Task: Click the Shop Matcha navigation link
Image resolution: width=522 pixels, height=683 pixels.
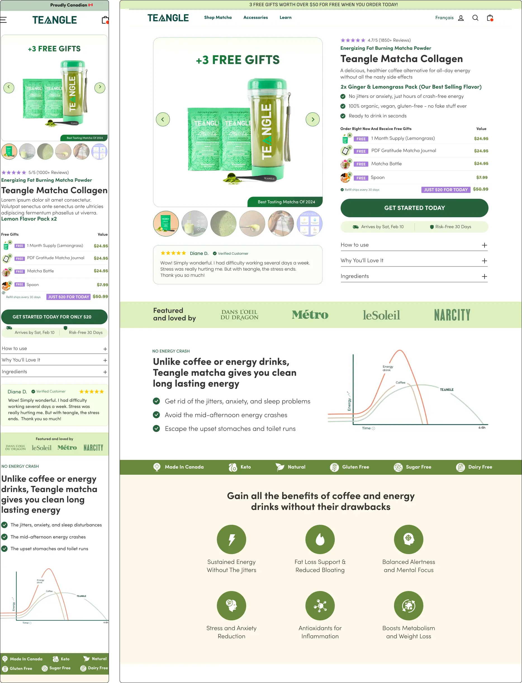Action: (218, 17)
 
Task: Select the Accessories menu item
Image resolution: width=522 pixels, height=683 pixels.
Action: (255, 17)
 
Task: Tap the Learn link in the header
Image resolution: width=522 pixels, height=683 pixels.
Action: (285, 17)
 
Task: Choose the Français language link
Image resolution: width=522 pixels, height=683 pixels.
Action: (444, 18)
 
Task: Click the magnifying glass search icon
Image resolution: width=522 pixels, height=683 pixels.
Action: (475, 18)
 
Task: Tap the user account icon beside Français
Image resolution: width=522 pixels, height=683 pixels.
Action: (461, 18)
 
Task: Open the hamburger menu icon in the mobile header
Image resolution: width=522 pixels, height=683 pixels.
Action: (3, 20)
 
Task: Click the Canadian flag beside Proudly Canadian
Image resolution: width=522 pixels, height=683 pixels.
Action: (91, 5)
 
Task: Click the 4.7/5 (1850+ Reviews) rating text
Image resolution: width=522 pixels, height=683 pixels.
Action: (389, 40)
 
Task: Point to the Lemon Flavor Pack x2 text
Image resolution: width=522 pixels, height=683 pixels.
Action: (29, 219)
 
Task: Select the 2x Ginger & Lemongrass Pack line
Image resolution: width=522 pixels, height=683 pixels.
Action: (411, 87)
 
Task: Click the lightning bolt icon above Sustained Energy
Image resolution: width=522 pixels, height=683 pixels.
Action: (231, 539)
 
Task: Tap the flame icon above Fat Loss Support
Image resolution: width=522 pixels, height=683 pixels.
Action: (320, 539)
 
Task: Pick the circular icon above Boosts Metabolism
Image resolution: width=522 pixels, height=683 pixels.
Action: (408, 605)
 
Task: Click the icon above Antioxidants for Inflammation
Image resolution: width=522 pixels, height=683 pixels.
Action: (320, 605)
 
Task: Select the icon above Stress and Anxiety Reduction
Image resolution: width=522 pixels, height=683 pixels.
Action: (231, 605)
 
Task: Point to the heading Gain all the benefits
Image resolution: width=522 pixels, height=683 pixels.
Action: (321, 501)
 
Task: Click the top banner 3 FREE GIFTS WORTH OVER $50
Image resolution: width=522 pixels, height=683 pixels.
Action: (323, 5)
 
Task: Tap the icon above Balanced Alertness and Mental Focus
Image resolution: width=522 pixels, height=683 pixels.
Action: (408, 539)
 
